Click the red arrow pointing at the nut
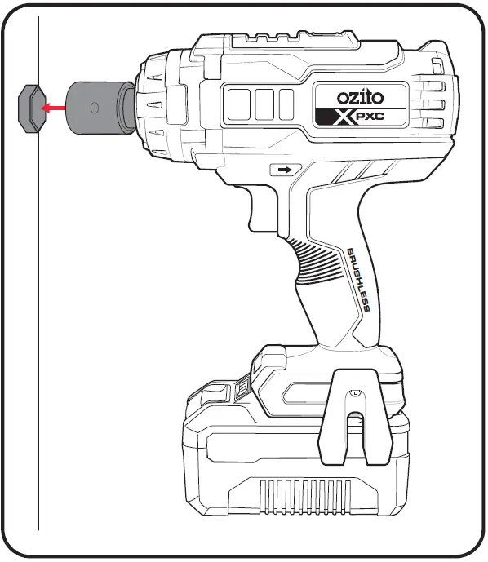click(x=54, y=107)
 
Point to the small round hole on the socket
click(x=94, y=107)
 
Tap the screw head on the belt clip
click(x=353, y=395)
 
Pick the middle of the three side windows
click(x=264, y=104)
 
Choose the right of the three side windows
click(x=286, y=104)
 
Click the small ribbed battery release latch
click(x=243, y=391)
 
